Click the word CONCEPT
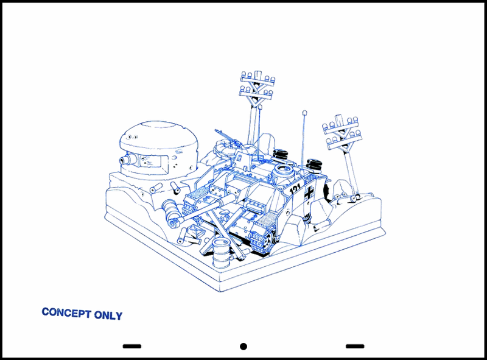pyautogui.click(x=66, y=312)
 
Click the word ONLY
pyautogui.click(x=108, y=316)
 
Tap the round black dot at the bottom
pyautogui.click(x=243, y=347)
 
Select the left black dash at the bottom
pyautogui.click(x=132, y=346)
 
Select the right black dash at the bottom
pyautogui.click(x=355, y=346)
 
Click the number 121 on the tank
pyautogui.click(x=295, y=188)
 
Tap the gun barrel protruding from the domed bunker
pyautogui.click(x=127, y=160)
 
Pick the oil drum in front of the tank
pyautogui.click(x=221, y=253)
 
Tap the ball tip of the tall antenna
pyautogui.click(x=305, y=113)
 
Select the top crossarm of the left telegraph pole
pyautogui.click(x=258, y=79)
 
